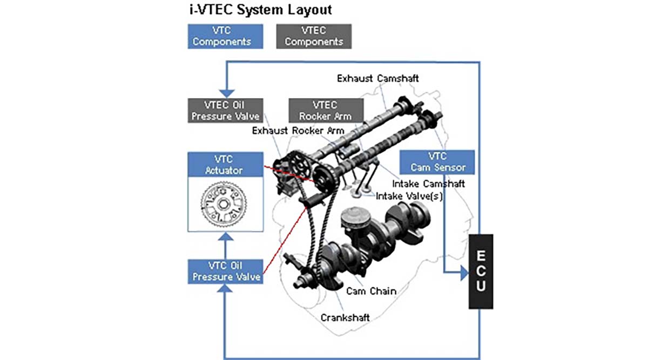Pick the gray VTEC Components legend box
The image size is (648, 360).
[x=314, y=36]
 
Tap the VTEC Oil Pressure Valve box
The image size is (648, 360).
[x=225, y=110]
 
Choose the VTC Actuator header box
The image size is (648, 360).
[x=225, y=165]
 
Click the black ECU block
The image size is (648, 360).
[x=481, y=271]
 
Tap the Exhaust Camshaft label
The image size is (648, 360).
[x=378, y=78]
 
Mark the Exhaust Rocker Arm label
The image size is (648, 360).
[x=298, y=131]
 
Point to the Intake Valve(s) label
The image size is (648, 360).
[x=409, y=196]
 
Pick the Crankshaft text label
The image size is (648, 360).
[x=346, y=318]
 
